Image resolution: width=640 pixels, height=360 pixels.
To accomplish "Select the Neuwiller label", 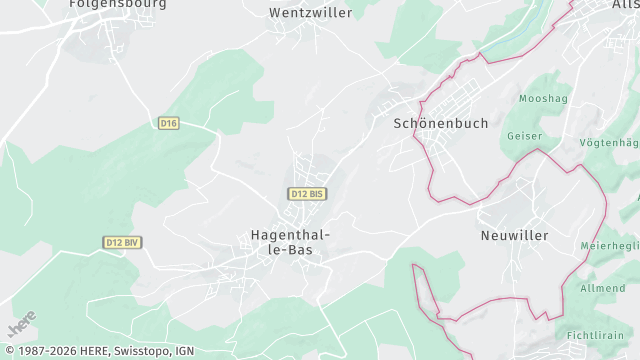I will pos(514,234).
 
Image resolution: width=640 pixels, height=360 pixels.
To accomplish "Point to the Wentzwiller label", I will pos(311,13).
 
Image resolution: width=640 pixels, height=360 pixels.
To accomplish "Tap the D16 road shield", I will pos(168,123).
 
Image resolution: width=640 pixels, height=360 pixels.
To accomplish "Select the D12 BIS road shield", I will pos(307,193).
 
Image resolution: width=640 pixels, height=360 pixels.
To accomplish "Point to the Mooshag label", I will pos(543,99).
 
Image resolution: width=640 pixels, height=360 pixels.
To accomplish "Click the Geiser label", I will pos(524,136).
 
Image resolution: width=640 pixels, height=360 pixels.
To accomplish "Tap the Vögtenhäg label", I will pos(609,143).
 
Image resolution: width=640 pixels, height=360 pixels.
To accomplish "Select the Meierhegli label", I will pos(610,246).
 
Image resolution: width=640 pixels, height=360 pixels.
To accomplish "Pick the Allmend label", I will pos(602,288).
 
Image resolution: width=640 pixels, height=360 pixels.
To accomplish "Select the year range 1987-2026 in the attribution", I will pos(39,351).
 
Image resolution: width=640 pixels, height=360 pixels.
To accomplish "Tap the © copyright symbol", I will pos(6,351).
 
